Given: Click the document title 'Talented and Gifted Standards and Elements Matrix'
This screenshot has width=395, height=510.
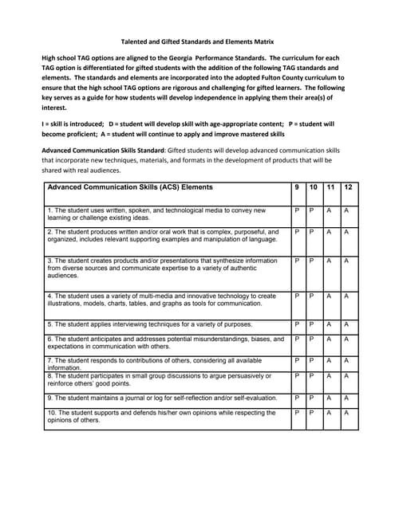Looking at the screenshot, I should click(x=196, y=41).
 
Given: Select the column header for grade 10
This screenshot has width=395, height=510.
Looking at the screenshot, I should click(x=314, y=187).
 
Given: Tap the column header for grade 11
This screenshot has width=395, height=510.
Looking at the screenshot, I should click(x=330, y=187).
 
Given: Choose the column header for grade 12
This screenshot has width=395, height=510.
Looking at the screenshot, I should click(x=348, y=187).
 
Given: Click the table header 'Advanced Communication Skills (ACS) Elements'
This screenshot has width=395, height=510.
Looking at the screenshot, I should click(x=130, y=187).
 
